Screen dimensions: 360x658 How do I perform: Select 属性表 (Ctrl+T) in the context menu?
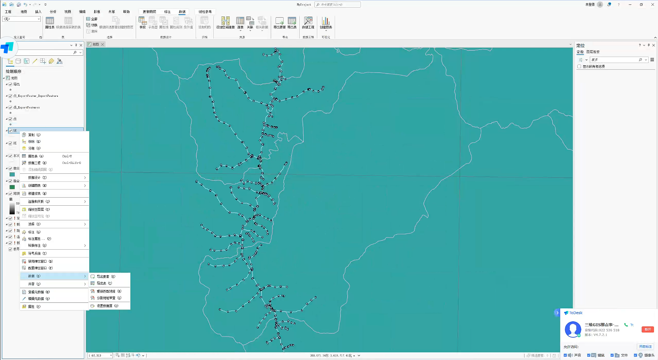pyautogui.click(x=36, y=156)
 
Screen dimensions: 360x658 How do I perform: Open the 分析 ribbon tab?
pyautogui.click(x=53, y=12)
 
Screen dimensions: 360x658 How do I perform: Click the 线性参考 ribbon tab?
pyautogui.click(x=205, y=12)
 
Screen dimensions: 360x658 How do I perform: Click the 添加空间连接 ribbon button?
pyautogui.click(x=225, y=23)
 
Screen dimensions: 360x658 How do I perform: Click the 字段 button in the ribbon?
pyautogui.click(x=143, y=23)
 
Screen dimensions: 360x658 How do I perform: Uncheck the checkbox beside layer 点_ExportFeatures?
pyautogui.click(x=11, y=107)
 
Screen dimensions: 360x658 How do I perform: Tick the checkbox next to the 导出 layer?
pyautogui.click(x=11, y=84)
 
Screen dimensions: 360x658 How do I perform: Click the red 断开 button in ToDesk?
pyautogui.click(x=647, y=329)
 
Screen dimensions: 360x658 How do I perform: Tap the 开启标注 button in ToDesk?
pyautogui.click(x=645, y=346)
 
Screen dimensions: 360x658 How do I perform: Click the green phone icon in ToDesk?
pyautogui.click(x=626, y=325)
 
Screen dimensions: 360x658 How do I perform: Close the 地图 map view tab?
pyautogui.click(x=103, y=44)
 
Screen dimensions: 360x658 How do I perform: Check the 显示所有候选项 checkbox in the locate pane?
pyautogui.click(x=579, y=67)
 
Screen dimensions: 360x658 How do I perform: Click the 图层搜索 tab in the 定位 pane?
pyautogui.click(x=593, y=52)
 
